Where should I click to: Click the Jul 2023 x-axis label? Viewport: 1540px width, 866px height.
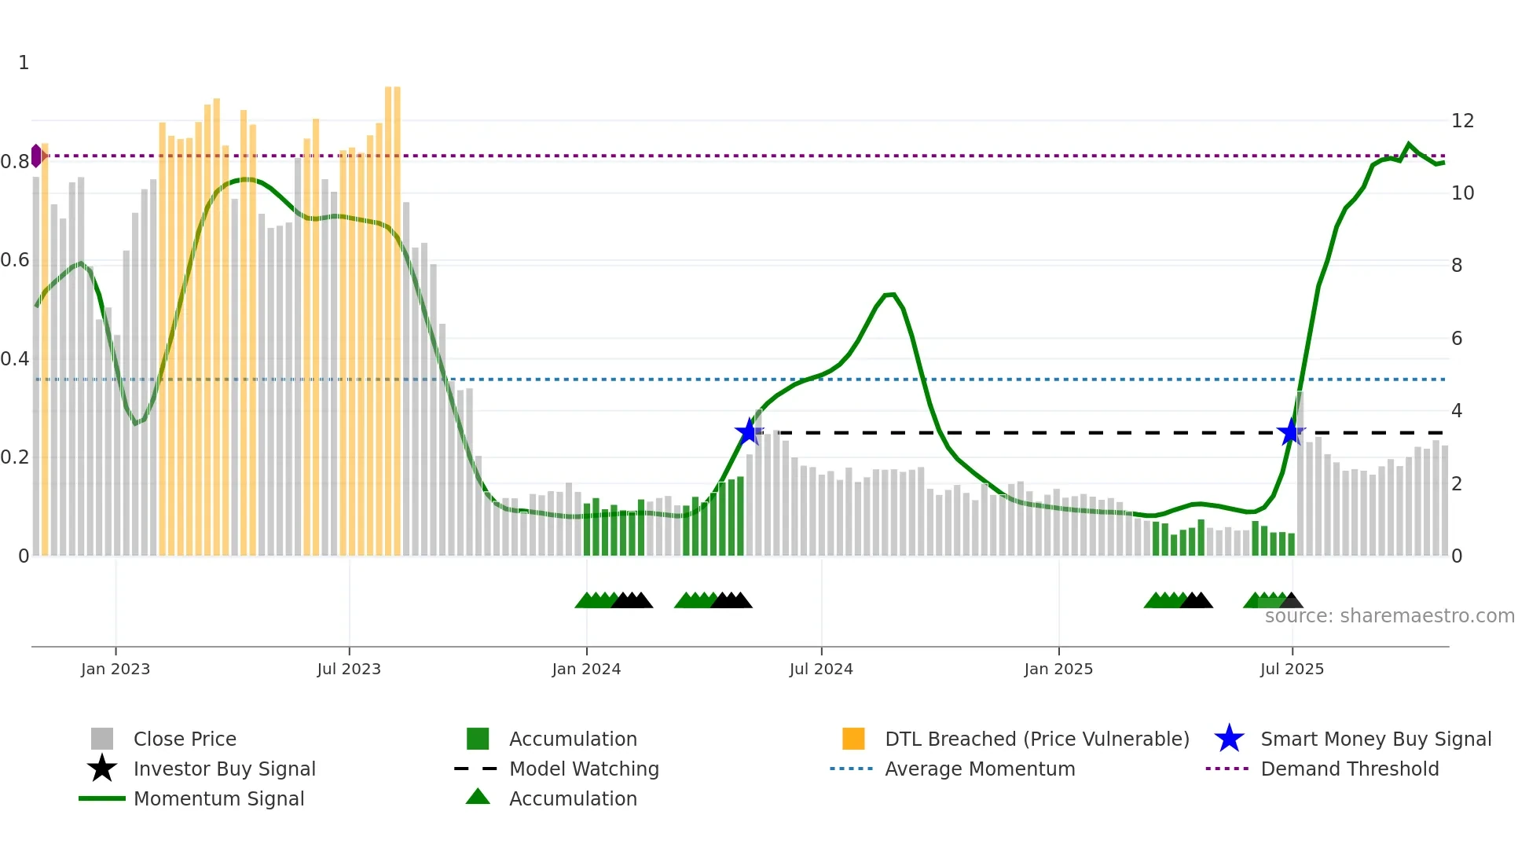(x=349, y=669)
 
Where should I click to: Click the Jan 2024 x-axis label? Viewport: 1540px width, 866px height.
(x=586, y=669)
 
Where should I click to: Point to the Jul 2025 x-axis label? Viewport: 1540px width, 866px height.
(x=1292, y=669)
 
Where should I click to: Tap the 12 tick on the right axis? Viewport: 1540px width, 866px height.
(x=1462, y=121)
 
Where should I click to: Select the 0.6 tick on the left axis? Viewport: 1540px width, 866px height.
(x=16, y=260)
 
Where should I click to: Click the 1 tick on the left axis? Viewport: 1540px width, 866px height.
(x=24, y=63)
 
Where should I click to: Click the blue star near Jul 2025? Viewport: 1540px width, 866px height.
(x=1290, y=431)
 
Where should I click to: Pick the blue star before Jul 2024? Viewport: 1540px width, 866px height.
(x=749, y=431)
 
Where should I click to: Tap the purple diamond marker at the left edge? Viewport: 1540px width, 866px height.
(x=36, y=156)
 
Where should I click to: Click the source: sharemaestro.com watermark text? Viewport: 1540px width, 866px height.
(x=1389, y=616)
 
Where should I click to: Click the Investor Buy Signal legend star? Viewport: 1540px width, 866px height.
(x=102, y=769)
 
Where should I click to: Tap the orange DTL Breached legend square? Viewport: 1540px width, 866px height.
(x=853, y=739)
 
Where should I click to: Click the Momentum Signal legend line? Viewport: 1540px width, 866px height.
(x=102, y=798)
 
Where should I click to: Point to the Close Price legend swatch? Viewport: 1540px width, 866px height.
(x=102, y=739)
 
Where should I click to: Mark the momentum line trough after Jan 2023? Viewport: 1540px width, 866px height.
(x=135, y=423)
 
